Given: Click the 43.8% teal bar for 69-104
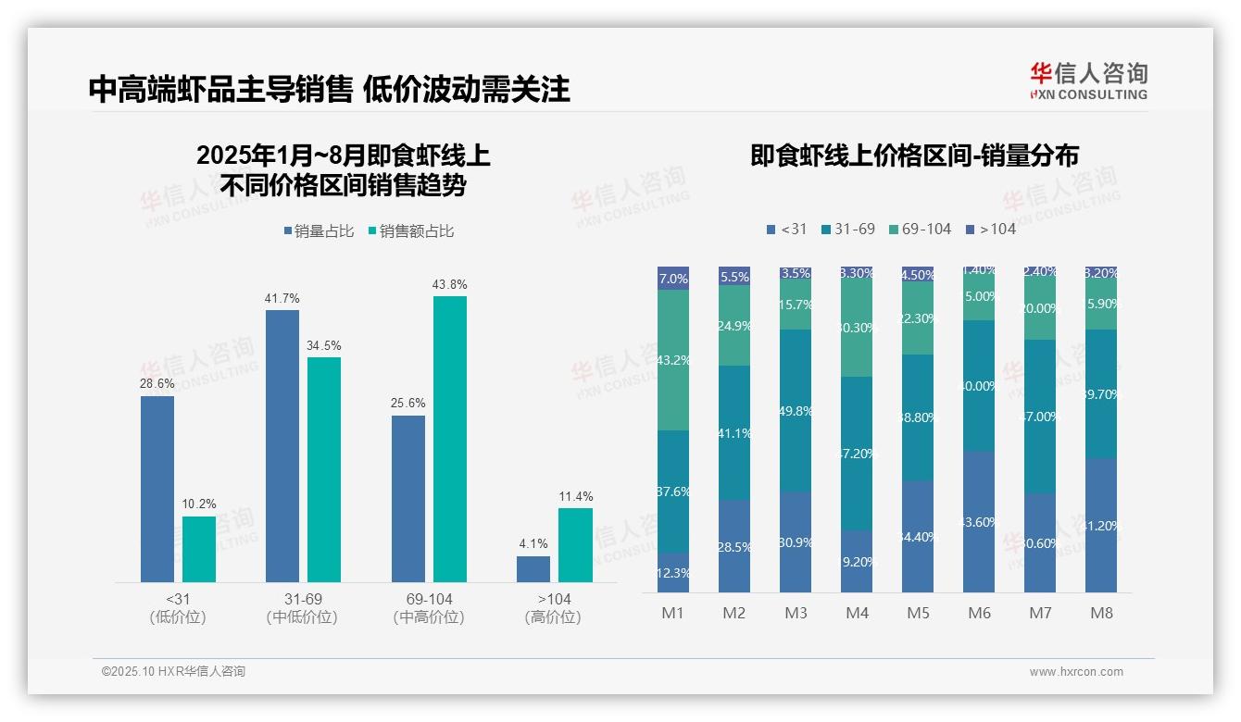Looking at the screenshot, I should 450,439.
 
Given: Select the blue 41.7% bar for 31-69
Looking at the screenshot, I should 282,445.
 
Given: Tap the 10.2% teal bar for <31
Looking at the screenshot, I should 198,549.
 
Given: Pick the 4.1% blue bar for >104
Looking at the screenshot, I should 533,568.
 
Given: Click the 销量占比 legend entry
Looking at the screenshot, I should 319,231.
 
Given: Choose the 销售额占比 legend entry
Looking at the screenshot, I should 411,231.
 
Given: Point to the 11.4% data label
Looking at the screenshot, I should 575,496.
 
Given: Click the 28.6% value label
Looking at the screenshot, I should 157,384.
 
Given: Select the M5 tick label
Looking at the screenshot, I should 918,613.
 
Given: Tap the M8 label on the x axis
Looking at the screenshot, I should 1101,613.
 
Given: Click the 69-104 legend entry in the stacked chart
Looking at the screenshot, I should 921,229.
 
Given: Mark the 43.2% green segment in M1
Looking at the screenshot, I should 673,360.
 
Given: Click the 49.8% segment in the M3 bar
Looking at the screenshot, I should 796,410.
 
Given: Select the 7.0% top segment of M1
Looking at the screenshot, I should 673,279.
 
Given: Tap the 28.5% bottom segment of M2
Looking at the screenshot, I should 734,546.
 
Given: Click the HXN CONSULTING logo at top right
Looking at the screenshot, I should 1088,81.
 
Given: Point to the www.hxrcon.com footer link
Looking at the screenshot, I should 1076,672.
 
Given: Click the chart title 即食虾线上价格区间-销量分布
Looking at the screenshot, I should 914,156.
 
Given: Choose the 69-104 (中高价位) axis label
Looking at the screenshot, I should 429,608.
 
